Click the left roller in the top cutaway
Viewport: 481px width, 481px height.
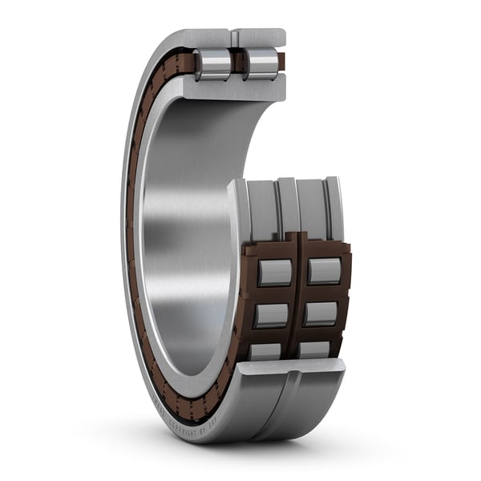(x=212, y=63)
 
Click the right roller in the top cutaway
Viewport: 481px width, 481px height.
(x=261, y=63)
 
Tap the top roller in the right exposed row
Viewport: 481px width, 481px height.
(x=325, y=271)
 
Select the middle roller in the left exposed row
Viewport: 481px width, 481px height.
(x=273, y=315)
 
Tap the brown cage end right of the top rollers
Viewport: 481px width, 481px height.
(x=281, y=62)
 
